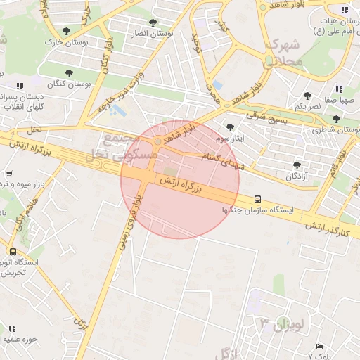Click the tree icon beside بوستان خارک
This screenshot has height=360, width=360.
(x=66, y=31)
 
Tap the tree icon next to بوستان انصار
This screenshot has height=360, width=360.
(x=153, y=22)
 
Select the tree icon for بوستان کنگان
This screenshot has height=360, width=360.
(x=69, y=72)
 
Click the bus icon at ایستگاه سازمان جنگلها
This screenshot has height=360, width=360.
(x=258, y=199)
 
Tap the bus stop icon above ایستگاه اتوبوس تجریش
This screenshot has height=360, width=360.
(x=13, y=251)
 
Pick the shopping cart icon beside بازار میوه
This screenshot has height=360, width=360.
(x=9, y=174)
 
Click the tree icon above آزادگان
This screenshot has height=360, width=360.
(x=296, y=166)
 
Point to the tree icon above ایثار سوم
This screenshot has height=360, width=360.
(x=231, y=127)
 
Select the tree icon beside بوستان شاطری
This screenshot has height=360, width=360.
(x=336, y=120)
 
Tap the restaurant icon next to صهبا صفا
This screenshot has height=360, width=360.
(x=339, y=89)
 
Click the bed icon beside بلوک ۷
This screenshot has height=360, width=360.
(x=319, y=346)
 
